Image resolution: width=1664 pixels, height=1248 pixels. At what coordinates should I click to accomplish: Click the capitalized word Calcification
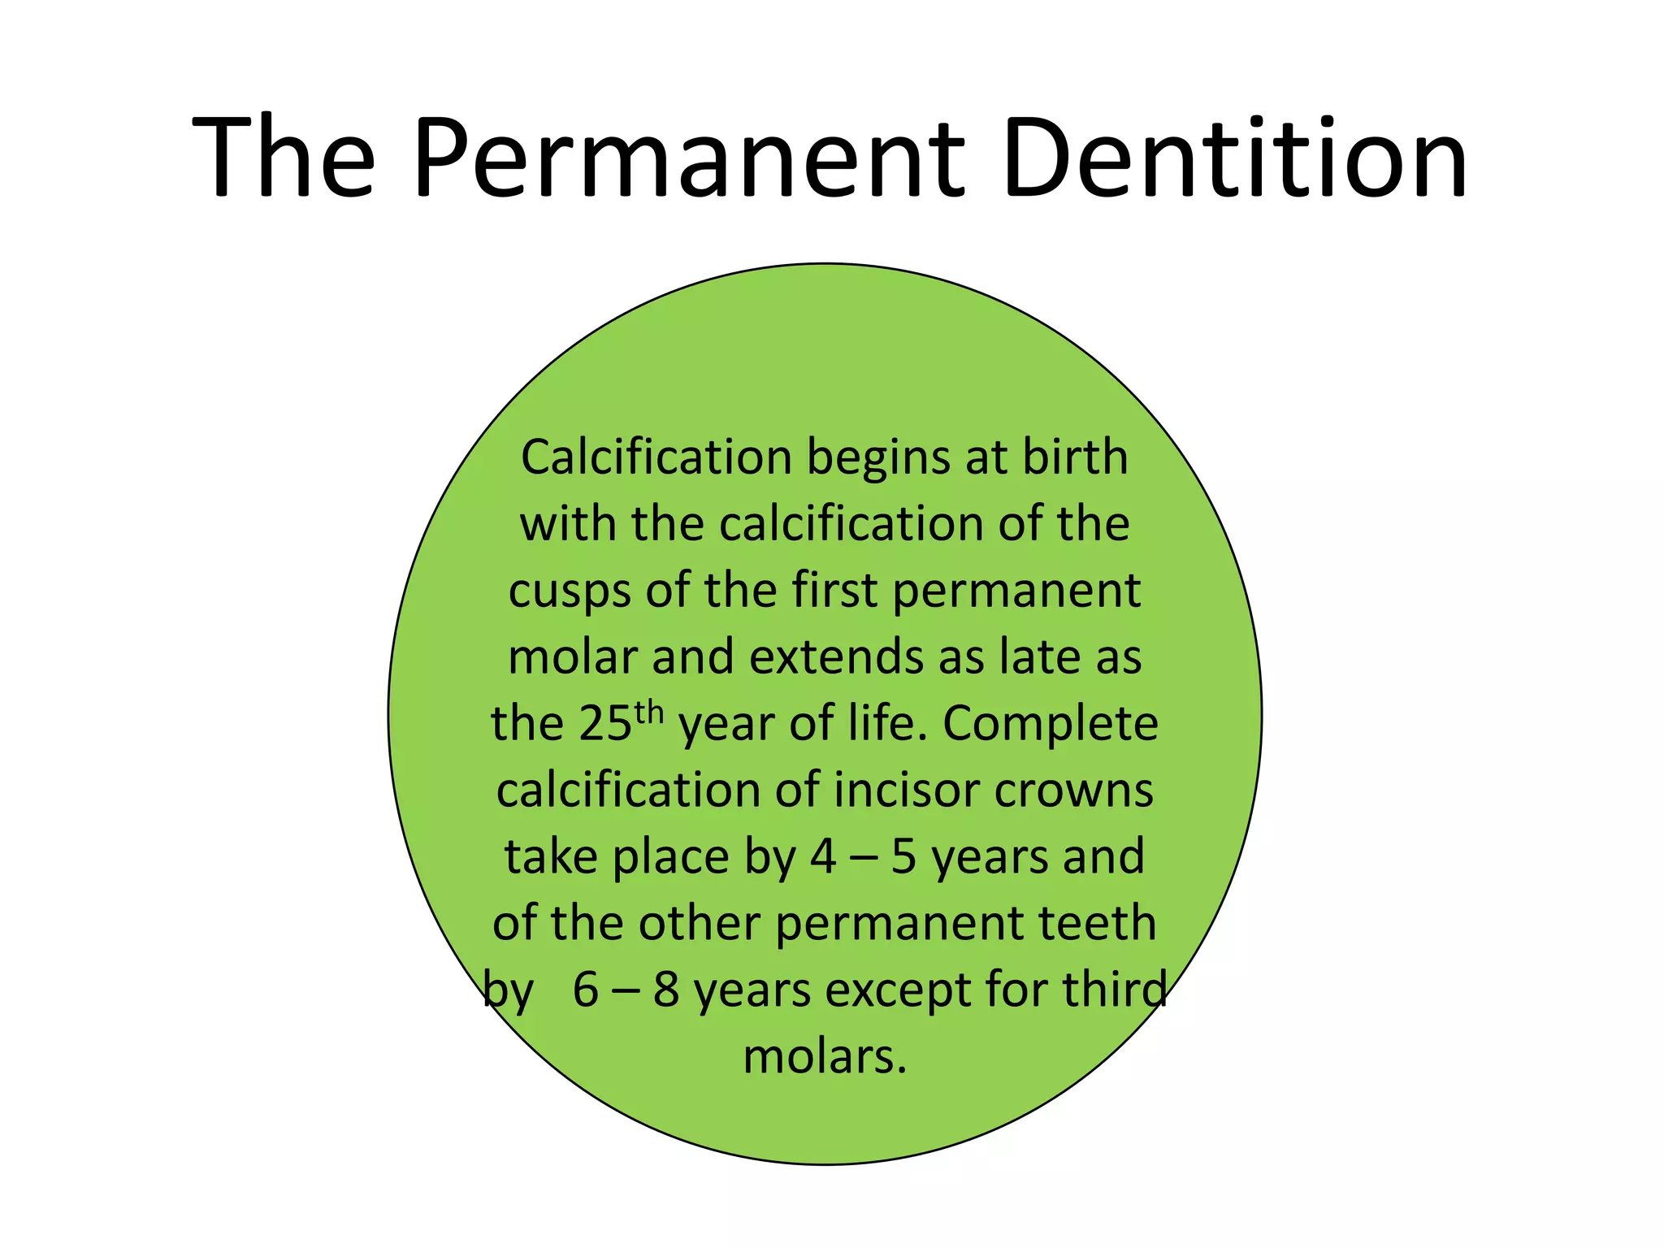click(x=656, y=457)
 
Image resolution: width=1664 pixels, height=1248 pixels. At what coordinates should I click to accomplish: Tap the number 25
click(x=605, y=724)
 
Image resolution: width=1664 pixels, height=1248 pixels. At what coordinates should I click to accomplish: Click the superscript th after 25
click(x=649, y=713)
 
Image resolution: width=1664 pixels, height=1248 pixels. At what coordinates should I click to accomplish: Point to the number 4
click(x=822, y=857)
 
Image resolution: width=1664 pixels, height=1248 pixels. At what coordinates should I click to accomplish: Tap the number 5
click(x=903, y=857)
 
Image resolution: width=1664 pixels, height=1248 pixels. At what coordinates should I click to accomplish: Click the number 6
click(x=585, y=990)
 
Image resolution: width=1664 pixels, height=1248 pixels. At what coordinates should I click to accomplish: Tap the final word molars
click(x=824, y=1057)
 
